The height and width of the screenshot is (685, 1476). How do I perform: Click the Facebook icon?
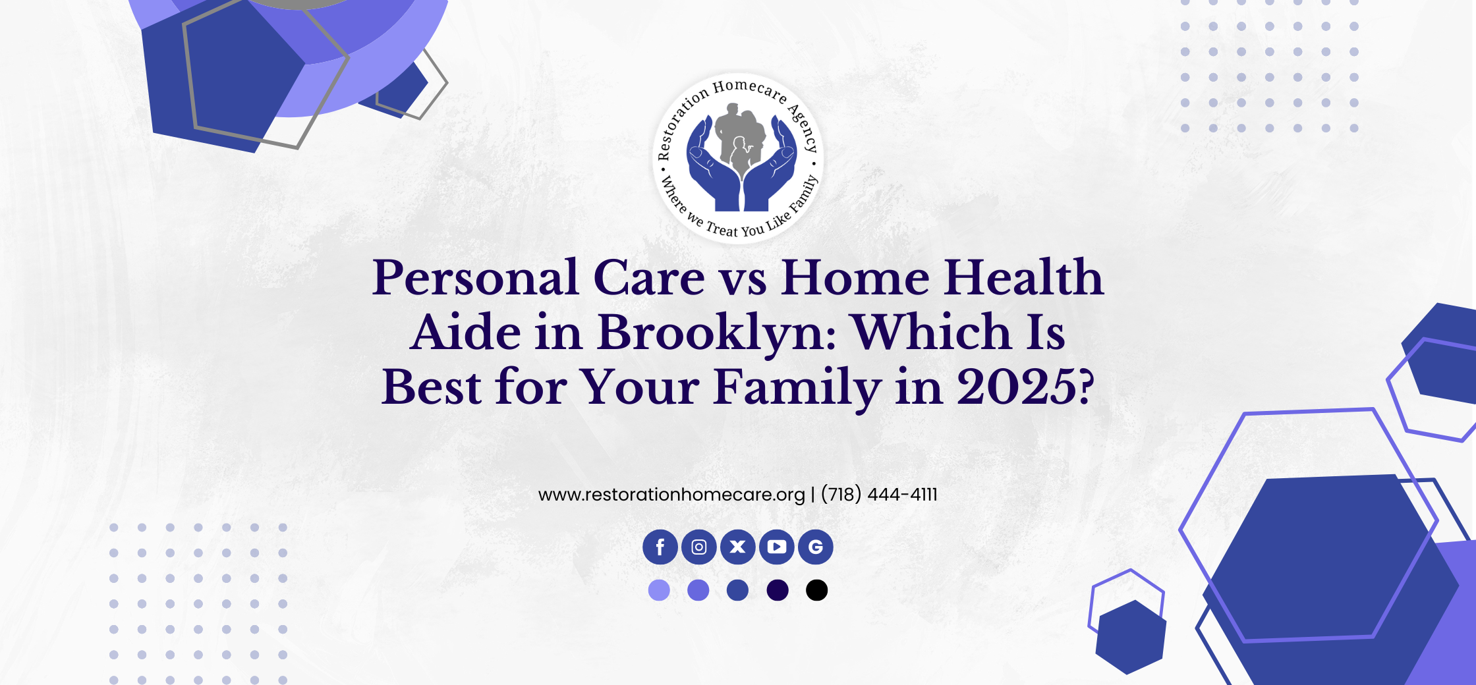tap(660, 547)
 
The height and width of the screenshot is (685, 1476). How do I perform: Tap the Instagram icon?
tap(699, 547)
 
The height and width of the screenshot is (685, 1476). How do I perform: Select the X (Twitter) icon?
tap(738, 547)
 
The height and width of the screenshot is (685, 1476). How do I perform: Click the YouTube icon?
tap(777, 547)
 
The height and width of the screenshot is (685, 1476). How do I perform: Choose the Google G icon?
tap(816, 547)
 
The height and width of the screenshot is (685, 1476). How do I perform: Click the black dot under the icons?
tap(816, 590)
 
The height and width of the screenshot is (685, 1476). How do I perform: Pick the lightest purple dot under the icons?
tap(659, 590)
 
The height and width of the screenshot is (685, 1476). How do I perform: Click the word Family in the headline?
tap(797, 389)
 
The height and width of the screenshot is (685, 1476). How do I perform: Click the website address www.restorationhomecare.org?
tap(671, 495)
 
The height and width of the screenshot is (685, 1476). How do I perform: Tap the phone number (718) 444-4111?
tap(879, 494)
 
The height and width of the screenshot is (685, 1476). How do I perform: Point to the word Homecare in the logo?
tap(750, 90)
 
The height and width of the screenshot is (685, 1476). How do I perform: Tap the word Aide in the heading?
tap(466, 332)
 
